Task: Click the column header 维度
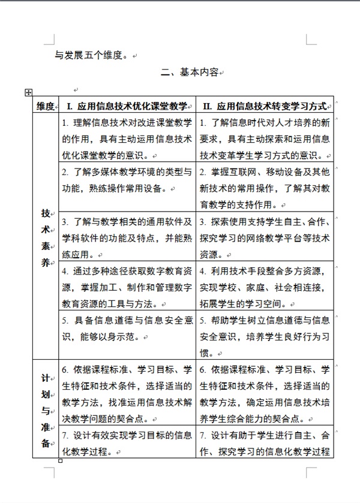(x=46, y=106)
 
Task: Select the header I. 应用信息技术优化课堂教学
(x=127, y=106)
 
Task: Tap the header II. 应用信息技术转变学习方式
(x=265, y=106)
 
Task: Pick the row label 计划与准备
(x=46, y=411)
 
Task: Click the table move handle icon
(x=28, y=92)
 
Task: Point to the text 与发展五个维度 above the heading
(x=90, y=56)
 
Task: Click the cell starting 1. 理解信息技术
(x=127, y=139)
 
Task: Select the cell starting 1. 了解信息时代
(x=265, y=139)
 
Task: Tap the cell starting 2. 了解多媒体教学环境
(x=127, y=180)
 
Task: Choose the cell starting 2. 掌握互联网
(x=265, y=188)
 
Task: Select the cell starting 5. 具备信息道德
(x=127, y=329)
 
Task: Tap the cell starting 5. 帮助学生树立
(x=265, y=336)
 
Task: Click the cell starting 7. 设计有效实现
(x=127, y=442)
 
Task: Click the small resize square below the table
(x=60, y=461)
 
